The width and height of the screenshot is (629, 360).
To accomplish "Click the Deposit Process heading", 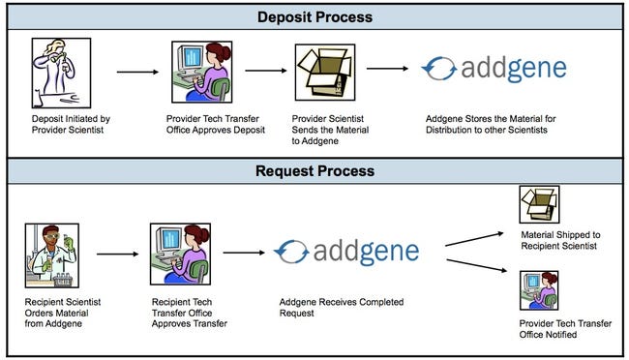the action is (314, 17).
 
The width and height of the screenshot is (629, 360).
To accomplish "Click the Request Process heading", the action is (314, 171).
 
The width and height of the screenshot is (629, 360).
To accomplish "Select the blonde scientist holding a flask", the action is (61, 73).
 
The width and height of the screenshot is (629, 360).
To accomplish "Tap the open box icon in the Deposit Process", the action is (325, 73).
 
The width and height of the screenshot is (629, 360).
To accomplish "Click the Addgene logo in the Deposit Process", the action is (494, 69).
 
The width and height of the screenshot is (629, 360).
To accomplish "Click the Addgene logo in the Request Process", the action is (346, 252).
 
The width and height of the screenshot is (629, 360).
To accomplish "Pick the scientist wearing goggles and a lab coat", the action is (52, 255).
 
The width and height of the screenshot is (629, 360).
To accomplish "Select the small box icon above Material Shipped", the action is (539, 204).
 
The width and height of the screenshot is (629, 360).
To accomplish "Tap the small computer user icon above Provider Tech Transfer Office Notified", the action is (539, 290).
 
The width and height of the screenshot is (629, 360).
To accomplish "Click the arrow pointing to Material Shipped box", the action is (474, 239).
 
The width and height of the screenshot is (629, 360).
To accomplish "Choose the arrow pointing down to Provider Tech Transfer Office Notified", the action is (476, 266).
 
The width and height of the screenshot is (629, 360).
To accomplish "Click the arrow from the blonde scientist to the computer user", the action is (137, 73).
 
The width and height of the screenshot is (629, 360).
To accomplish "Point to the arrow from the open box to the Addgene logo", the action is (387, 69).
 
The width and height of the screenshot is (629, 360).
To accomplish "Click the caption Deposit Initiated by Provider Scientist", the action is (71, 125).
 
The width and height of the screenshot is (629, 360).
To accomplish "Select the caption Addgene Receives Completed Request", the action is (342, 308).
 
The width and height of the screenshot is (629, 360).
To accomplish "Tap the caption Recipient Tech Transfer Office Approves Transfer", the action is (190, 313).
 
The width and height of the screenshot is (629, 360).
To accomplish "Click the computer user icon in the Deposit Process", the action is (202, 72).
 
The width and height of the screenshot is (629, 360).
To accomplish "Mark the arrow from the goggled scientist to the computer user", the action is (117, 255).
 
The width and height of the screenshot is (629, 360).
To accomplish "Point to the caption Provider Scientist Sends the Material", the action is (330, 130).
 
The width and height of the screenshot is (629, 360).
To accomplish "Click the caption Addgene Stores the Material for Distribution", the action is (491, 125).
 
